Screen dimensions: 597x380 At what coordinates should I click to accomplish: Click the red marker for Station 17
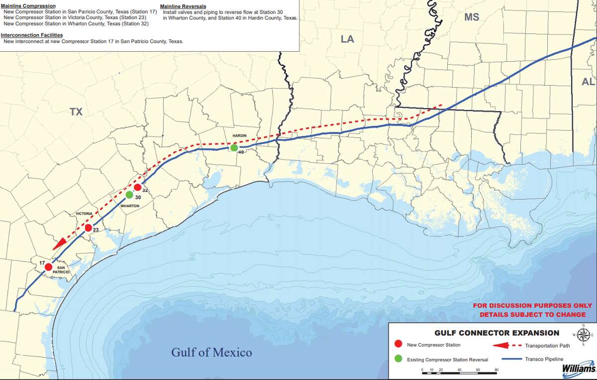[48, 267]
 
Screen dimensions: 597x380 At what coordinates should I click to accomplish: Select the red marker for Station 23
[88, 228]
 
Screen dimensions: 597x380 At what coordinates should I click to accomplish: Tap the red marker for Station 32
[137, 187]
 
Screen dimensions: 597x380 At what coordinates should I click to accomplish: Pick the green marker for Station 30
[129, 195]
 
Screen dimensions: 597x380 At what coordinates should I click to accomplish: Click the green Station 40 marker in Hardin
[234, 147]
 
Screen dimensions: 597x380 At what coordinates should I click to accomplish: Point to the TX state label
[76, 113]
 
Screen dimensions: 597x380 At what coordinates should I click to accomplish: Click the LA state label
[347, 39]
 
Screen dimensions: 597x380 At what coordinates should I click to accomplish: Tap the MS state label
[472, 17]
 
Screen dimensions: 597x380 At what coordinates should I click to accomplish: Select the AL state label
[588, 82]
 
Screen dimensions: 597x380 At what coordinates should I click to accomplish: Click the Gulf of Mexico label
[211, 353]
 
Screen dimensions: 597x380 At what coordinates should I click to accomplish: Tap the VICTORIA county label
[84, 213]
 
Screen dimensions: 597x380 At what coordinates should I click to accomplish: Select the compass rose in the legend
[584, 334]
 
